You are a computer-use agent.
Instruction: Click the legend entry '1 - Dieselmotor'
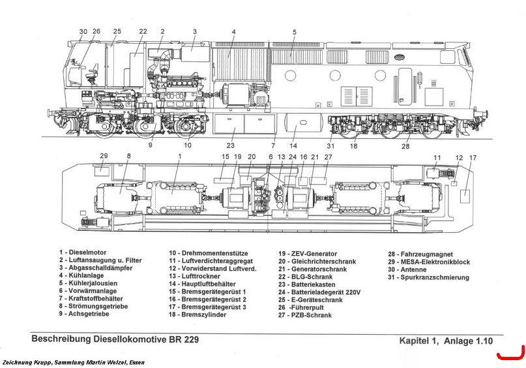tap(83, 253)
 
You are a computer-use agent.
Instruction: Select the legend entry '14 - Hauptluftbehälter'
tap(202, 284)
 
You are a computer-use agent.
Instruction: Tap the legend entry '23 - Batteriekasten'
tap(306, 284)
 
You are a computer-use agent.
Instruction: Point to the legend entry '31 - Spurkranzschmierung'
tap(428, 277)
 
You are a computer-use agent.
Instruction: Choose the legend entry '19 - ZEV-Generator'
tap(307, 254)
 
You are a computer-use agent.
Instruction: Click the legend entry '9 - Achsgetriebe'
tap(84, 314)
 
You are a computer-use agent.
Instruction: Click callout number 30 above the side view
tap(83, 31)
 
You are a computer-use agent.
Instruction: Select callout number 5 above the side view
tap(294, 32)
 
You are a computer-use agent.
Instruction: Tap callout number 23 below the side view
tap(231, 146)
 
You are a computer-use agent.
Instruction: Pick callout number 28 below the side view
tap(405, 146)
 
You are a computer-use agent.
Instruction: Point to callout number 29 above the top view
tap(104, 156)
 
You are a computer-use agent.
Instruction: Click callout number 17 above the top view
tap(473, 158)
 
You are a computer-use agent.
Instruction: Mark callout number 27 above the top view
tap(328, 157)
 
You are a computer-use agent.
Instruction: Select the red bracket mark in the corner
tap(510, 354)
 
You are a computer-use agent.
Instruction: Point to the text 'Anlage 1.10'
tap(468, 341)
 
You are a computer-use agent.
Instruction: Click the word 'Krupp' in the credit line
tap(42, 362)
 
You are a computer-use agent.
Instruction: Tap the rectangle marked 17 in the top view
tap(465, 196)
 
